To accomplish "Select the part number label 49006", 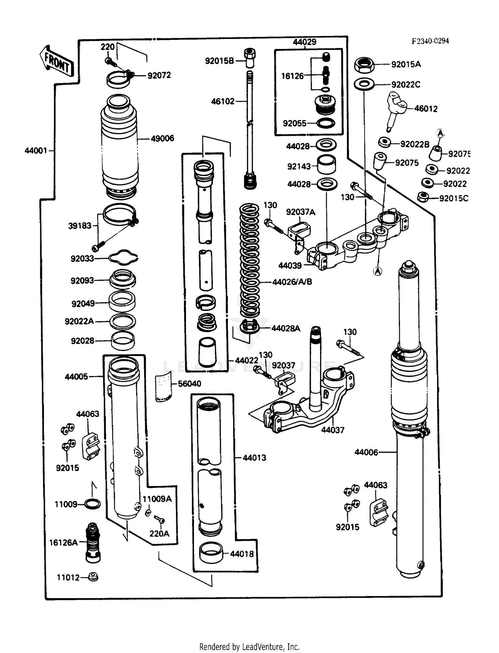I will [x=162, y=138].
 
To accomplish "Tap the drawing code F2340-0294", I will [x=430, y=41].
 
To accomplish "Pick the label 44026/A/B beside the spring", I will [x=292, y=282].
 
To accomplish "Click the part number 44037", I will [x=333, y=430].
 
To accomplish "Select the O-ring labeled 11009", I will [x=92, y=504].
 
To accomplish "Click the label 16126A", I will [x=63, y=543].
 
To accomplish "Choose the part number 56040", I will [x=189, y=384].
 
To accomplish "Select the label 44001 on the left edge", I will [x=36, y=151].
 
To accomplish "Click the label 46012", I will [x=426, y=109].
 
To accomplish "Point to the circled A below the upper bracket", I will [x=377, y=271].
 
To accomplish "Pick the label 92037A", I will [x=300, y=212].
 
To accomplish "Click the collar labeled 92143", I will [x=326, y=164].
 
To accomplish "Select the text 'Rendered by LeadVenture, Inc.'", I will [x=249, y=647].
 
